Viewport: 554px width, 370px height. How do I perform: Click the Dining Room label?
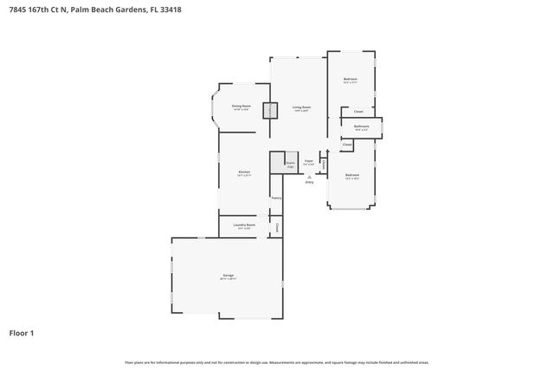[241, 107]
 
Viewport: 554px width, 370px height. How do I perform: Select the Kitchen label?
[244, 173]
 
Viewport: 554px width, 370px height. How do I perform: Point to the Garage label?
[228, 277]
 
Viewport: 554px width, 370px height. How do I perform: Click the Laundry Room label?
[244, 226]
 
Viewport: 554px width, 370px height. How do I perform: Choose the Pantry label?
[276, 198]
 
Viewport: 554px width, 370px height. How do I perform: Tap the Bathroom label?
[362, 127]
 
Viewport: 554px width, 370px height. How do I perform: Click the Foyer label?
[308, 162]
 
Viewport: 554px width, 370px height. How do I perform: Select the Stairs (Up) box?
[291, 163]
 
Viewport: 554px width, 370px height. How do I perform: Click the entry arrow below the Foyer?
[309, 176]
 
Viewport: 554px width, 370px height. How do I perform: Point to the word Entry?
[309, 182]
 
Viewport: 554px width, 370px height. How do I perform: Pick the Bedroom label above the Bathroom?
[350, 81]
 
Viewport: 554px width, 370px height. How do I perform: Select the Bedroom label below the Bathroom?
[351, 176]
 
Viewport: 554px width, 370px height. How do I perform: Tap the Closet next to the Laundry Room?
[277, 227]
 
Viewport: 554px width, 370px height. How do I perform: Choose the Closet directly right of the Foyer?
[323, 164]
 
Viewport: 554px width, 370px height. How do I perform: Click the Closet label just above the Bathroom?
[358, 112]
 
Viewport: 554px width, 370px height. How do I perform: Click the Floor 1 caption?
[22, 333]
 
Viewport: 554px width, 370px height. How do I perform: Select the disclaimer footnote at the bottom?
[276, 362]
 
